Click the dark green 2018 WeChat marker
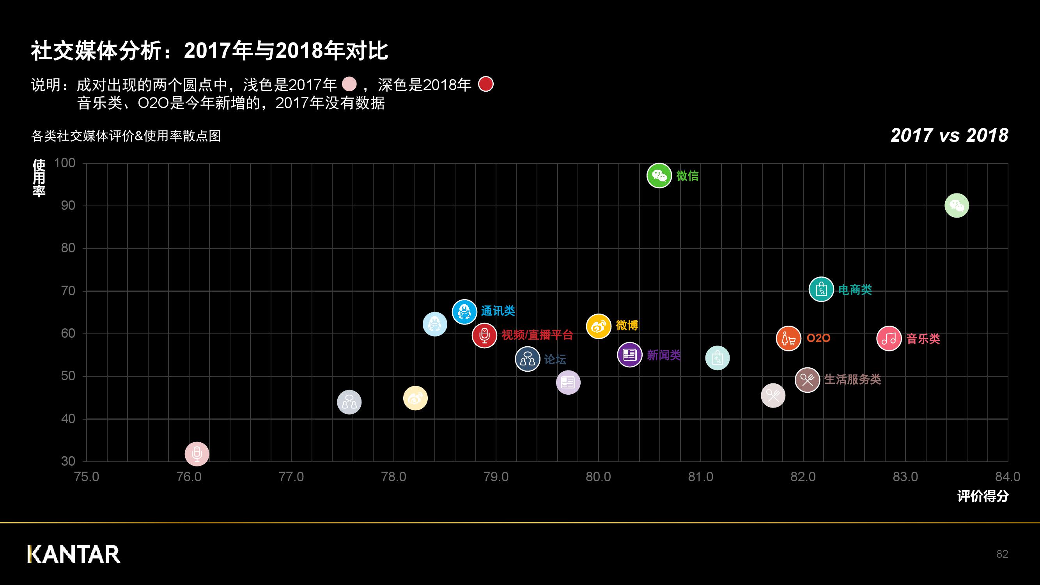(659, 175)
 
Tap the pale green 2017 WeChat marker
(957, 206)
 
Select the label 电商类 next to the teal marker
(855, 289)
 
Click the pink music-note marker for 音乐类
(889, 338)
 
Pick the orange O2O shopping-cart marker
(788, 338)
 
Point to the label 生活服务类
(852, 379)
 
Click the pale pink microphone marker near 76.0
(197, 454)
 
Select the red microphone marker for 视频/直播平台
(484, 335)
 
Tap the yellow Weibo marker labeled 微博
(598, 326)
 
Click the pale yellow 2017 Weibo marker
(415, 398)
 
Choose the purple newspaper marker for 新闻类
(629, 355)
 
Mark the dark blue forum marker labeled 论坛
(527, 358)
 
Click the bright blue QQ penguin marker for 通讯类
(464, 312)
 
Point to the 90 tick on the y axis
(68, 206)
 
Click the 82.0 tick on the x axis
(803, 477)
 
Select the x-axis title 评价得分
(983, 496)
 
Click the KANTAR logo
(74, 554)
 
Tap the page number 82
(1002, 554)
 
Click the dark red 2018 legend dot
(485, 84)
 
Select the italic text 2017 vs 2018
(949, 135)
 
